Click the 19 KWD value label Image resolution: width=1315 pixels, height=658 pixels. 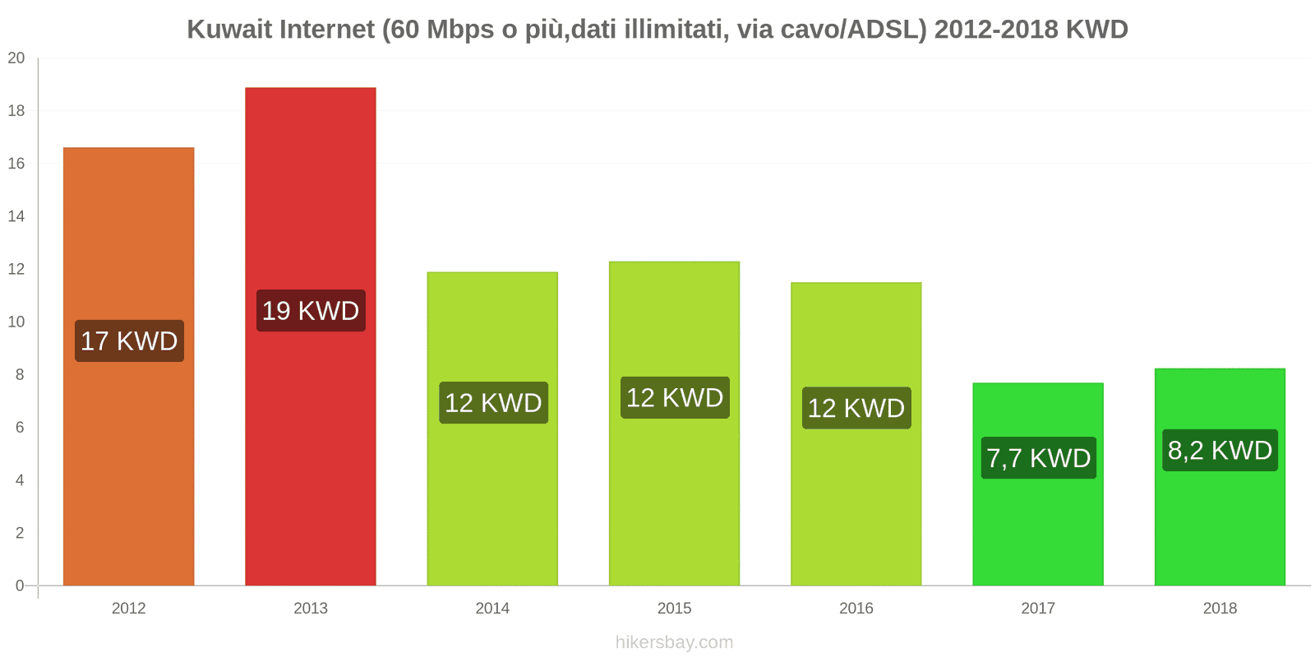[x=311, y=311]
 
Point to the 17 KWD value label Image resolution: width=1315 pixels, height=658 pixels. [x=129, y=341]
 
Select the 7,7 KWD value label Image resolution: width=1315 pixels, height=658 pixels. [x=1038, y=458]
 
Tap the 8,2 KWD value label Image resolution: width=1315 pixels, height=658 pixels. [x=1220, y=450]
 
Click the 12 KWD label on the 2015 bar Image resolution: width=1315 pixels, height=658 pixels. [x=675, y=398]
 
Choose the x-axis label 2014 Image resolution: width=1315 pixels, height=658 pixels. [x=492, y=609]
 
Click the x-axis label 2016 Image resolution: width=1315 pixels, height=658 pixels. [x=856, y=609]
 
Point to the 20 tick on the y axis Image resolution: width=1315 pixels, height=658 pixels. [x=16, y=58]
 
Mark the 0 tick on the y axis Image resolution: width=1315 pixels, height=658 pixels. [x=20, y=586]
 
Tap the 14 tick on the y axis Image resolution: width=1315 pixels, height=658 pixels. [x=16, y=216]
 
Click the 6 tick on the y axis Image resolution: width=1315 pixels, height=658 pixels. [x=20, y=428]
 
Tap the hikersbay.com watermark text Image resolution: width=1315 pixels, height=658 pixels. [x=674, y=642]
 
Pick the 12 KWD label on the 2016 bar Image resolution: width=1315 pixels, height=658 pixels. [x=856, y=408]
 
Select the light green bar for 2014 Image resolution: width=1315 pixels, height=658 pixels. [x=492, y=510]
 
